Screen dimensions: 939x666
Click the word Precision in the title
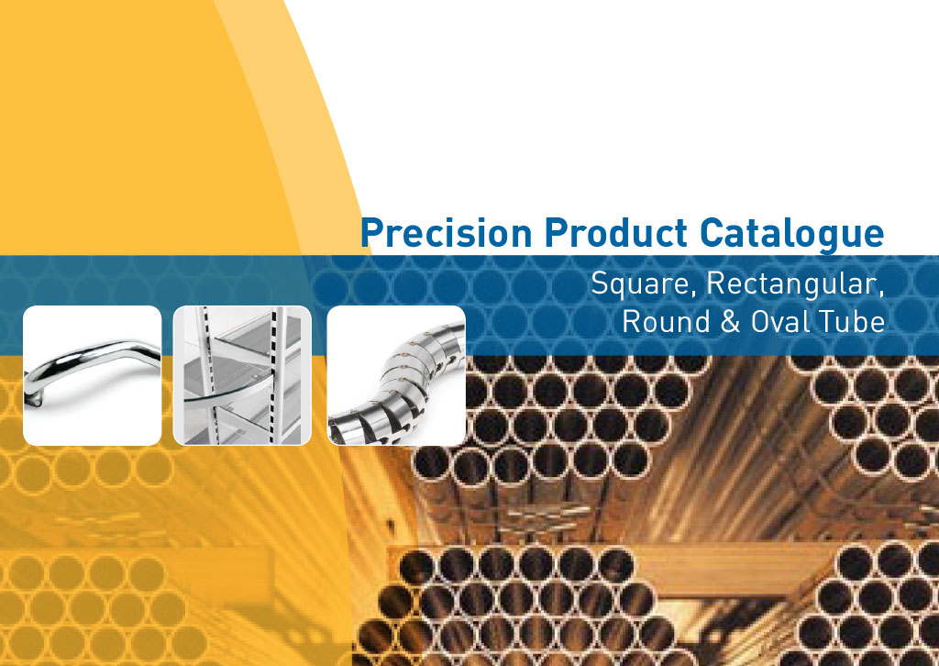pyautogui.click(x=447, y=232)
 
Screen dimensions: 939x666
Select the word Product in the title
pyautogui.click(x=616, y=232)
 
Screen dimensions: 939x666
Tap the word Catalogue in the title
pyautogui.click(x=792, y=234)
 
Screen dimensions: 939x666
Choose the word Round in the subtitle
pyautogui.click(x=666, y=322)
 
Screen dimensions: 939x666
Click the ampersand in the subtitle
pyautogui.click(x=730, y=322)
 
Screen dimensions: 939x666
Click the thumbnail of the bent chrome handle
pyautogui.click(x=93, y=375)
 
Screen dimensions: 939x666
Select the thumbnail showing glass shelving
pyautogui.click(x=242, y=375)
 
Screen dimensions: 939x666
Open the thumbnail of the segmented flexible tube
pyautogui.click(x=396, y=375)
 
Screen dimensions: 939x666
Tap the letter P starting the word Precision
pyautogui.click(x=371, y=232)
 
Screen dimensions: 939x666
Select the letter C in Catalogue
pyautogui.click(x=712, y=232)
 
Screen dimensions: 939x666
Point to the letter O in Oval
pyautogui.click(x=761, y=322)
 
